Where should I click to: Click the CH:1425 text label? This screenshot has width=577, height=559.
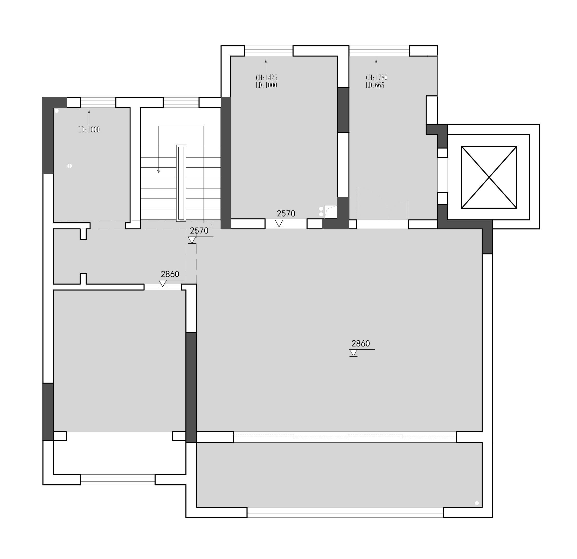[x=266, y=78]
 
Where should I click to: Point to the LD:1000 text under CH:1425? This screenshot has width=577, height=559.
[x=266, y=85]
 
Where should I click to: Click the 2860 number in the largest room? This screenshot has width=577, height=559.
[x=361, y=343]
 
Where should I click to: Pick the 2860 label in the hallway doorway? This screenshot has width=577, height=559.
[x=170, y=274]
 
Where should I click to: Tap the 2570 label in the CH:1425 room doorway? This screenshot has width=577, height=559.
[x=286, y=214]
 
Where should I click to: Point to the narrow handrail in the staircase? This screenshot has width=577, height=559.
[x=181, y=183]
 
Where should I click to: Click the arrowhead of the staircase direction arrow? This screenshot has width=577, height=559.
[x=159, y=171]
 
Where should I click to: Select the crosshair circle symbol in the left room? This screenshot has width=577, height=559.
[x=69, y=166]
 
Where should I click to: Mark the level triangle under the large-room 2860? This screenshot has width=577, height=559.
[x=353, y=353]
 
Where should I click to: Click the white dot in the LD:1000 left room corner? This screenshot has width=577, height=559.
[x=57, y=111]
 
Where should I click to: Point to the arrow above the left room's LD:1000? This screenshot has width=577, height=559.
[x=89, y=117]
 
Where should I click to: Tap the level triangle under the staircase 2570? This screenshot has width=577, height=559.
[x=192, y=240]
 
